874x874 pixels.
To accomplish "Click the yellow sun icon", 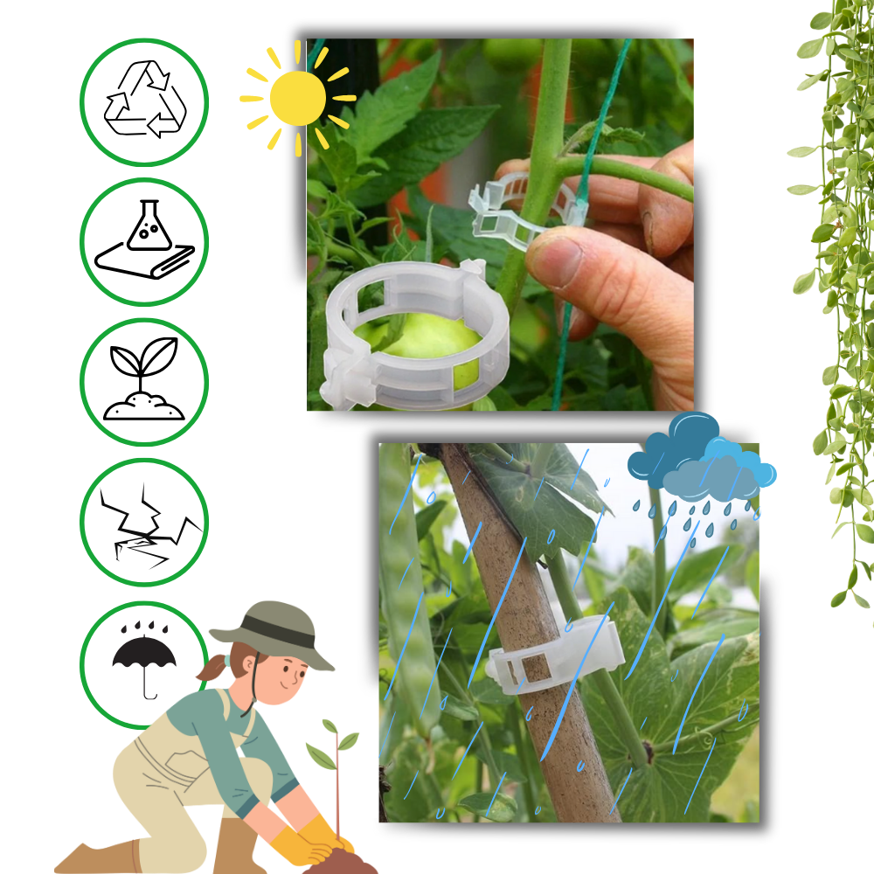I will click(297, 98).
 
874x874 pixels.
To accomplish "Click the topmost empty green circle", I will click(144, 102).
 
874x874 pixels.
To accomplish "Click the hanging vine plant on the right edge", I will click(835, 262).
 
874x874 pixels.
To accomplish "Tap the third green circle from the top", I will click(144, 382).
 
